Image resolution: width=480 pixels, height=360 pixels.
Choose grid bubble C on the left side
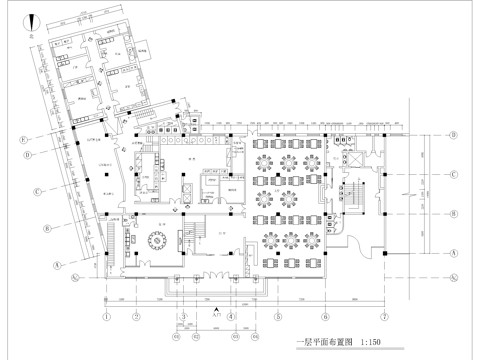click(x=37, y=191)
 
